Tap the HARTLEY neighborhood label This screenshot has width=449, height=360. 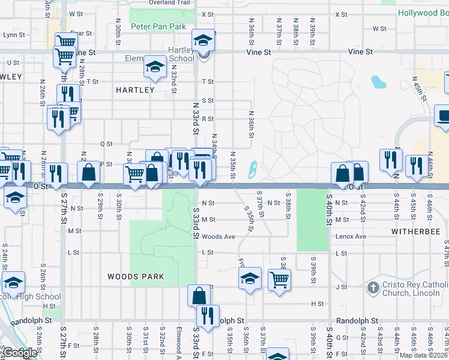[x=135, y=90]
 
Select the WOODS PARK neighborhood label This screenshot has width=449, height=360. [x=136, y=277]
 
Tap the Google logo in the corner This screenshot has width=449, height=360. [x=19, y=353]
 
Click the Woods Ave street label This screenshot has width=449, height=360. [x=218, y=236]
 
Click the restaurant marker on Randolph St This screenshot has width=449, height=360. [x=208, y=316]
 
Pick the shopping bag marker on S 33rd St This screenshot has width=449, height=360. [x=199, y=295]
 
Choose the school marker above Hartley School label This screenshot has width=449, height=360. [x=203, y=40]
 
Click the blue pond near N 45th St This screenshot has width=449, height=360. [x=378, y=81]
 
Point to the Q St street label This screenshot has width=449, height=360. [x=106, y=144]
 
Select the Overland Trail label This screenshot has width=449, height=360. [x=169, y=2]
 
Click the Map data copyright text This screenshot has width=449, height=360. [x=424, y=355]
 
